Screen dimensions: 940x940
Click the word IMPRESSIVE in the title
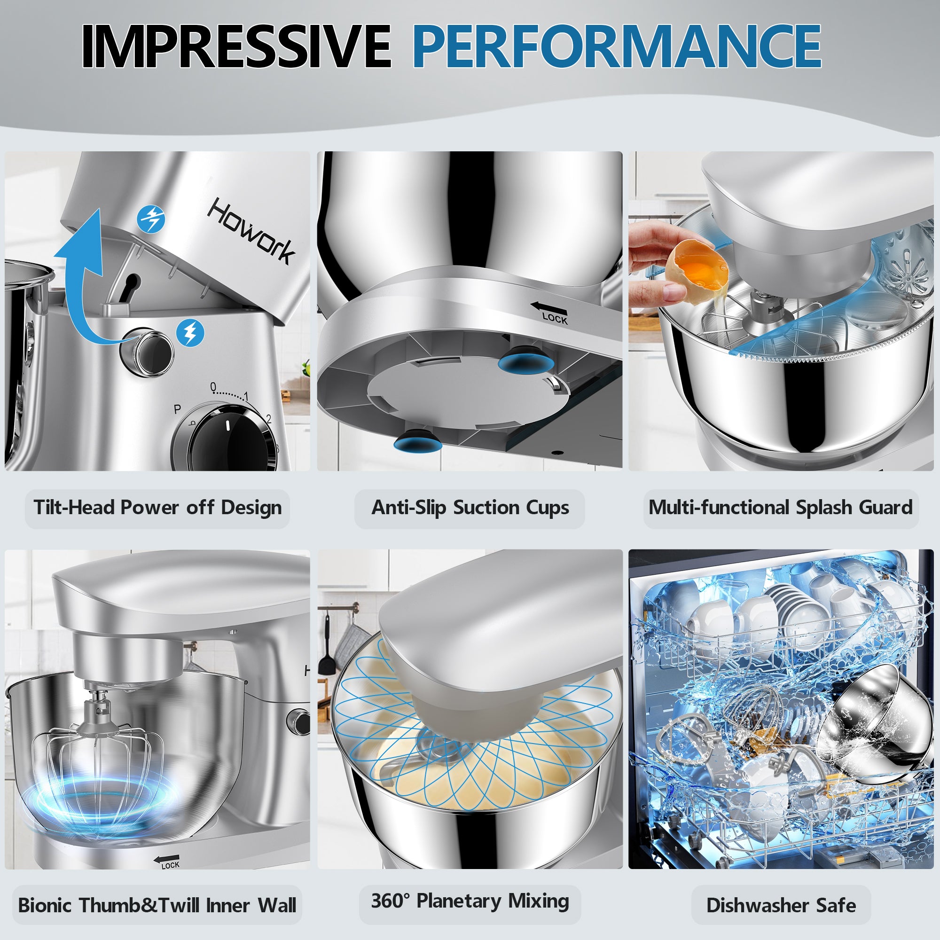click(235, 47)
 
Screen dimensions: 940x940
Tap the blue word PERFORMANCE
click(617, 47)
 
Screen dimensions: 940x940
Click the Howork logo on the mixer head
click(251, 231)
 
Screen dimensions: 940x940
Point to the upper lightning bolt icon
click(151, 219)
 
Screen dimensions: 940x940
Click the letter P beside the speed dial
click(178, 410)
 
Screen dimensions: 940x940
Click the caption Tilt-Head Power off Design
click(157, 508)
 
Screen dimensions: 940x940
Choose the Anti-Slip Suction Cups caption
click(470, 508)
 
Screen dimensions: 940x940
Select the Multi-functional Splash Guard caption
click(780, 508)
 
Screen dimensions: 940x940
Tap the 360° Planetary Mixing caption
click(470, 901)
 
